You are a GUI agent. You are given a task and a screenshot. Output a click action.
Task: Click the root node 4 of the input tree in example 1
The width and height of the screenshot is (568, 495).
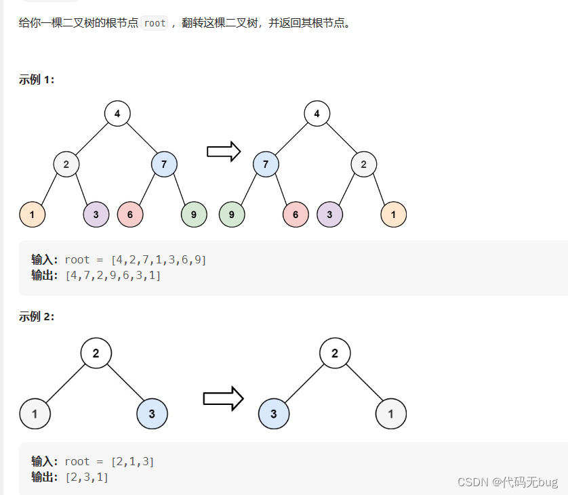point(117,113)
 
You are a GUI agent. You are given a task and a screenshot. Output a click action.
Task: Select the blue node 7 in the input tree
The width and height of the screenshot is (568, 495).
point(164,164)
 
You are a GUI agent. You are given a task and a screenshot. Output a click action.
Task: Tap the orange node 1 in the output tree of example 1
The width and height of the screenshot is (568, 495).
point(394,215)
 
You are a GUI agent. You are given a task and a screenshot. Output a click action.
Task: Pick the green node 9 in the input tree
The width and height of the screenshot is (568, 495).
point(194,215)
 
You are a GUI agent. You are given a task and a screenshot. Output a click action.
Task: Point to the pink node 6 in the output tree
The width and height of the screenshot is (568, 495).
point(296,215)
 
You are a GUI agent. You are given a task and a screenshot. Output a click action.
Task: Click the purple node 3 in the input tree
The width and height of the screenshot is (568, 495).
point(96,215)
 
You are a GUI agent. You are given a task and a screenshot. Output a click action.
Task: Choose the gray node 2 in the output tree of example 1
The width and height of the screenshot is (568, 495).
point(364,164)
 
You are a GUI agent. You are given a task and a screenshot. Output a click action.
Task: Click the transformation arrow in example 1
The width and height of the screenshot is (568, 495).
point(224,152)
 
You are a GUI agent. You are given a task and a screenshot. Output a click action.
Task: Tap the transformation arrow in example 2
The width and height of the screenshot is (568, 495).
point(223,398)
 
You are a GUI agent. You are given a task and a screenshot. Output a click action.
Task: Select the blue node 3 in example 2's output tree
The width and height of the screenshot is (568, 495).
point(274,414)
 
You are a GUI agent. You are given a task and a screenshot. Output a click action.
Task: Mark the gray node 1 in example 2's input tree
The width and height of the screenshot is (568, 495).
point(35,414)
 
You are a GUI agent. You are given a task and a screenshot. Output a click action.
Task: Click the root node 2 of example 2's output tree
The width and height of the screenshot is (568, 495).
point(334,353)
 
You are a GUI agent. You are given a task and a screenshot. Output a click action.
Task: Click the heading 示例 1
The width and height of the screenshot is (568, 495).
point(37,79)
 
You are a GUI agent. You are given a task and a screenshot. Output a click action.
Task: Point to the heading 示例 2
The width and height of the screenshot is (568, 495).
point(37,316)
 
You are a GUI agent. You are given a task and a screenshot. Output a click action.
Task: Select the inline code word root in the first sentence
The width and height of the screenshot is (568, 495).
point(155,23)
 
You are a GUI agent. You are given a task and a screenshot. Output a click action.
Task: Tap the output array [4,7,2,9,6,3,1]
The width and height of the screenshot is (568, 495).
point(113,276)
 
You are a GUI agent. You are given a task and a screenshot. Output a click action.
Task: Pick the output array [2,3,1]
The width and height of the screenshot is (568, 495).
point(87,477)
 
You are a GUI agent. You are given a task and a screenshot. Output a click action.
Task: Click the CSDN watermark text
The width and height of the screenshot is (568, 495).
point(507,481)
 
